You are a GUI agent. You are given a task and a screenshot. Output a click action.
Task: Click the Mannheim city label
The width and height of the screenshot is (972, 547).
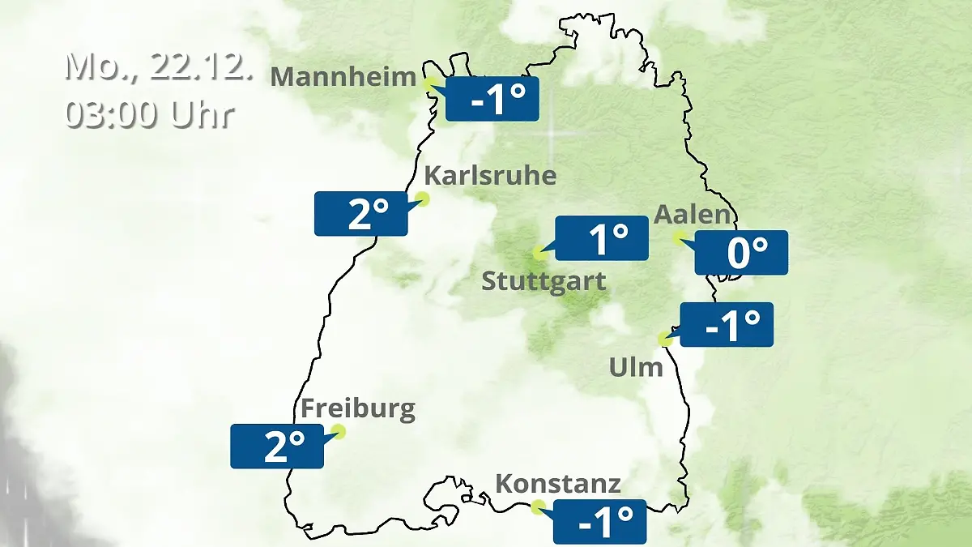pyautogui.click(x=343, y=77)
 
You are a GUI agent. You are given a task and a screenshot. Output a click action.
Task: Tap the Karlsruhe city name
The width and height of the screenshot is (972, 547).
pyautogui.click(x=490, y=176)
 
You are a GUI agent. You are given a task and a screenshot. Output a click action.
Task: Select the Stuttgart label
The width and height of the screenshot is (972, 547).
pyautogui.click(x=544, y=282)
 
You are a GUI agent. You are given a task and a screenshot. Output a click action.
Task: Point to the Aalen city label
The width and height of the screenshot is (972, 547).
pyautogui.click(x=693, y=215)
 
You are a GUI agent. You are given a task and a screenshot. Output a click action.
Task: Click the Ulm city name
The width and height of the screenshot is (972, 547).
pyautogui.click(x=636, y=368)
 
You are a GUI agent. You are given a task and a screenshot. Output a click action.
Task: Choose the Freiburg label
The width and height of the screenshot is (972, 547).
pyautogui.click(x=358, y=408)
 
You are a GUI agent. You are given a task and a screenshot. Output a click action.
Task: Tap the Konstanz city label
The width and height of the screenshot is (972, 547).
pyautogui.click(x=558, y=485)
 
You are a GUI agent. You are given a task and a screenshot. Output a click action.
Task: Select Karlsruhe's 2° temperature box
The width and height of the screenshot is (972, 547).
pyautogui.click(x=361, y=214)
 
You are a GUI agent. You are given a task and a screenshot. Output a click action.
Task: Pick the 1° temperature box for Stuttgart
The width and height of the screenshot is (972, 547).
pyautogui.click(x=602, y=238)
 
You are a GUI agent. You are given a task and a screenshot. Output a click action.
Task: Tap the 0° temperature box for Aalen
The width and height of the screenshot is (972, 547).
pyautogui.click(x=741, y=253)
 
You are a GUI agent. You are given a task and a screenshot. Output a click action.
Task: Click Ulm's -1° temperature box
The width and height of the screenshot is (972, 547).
pyautogui.click(x=727, y=325)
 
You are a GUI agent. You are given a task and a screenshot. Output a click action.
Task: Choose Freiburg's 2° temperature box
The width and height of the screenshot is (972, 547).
pyautogui.click(x=277, y=446)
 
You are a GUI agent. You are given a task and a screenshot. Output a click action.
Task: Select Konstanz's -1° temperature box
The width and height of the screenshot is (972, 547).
pyautogui.click(x=600, y=521)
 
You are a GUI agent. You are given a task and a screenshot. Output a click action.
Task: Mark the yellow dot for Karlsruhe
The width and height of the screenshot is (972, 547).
pyautogui.click(x=422, y=199)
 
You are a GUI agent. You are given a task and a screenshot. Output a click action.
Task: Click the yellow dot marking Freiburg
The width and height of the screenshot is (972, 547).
pyautogui.click(x=339, y=431)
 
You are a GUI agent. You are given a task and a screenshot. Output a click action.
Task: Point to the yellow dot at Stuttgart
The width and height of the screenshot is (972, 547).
pyautogui.click(x=539, y=253)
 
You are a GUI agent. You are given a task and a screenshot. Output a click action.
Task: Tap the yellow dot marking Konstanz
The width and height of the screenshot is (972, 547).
pyautogui.click(x=538, y=507)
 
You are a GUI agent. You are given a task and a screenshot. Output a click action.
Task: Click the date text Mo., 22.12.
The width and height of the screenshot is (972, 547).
pyautogui.click(x=160, y=66)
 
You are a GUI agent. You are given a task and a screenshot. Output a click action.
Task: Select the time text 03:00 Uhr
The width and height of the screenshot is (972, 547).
pyautogui.click(x=150, y=114)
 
